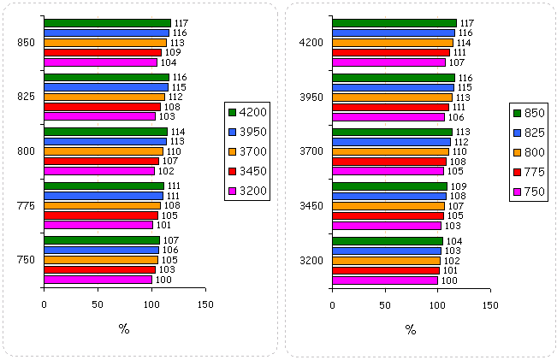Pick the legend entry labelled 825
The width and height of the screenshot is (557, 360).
point(535,132)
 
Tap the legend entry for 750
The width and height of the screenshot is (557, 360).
point(535,191)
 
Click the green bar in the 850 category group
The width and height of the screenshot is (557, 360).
point(107,23)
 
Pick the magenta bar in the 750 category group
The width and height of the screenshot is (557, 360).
point(98,280)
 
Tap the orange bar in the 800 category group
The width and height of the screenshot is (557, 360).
point(103,151)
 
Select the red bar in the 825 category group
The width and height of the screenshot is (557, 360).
point(102,107)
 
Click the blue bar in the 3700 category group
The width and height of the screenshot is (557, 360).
point(391,142)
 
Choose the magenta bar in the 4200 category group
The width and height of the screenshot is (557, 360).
point(388,62)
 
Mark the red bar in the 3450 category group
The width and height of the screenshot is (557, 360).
point(388,215)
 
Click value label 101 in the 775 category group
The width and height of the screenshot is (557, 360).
point(163,226)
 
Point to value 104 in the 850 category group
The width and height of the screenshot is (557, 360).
point(167,62)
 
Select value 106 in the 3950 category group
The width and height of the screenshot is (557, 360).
point(454,117)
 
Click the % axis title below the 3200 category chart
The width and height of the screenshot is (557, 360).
point(411,329)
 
